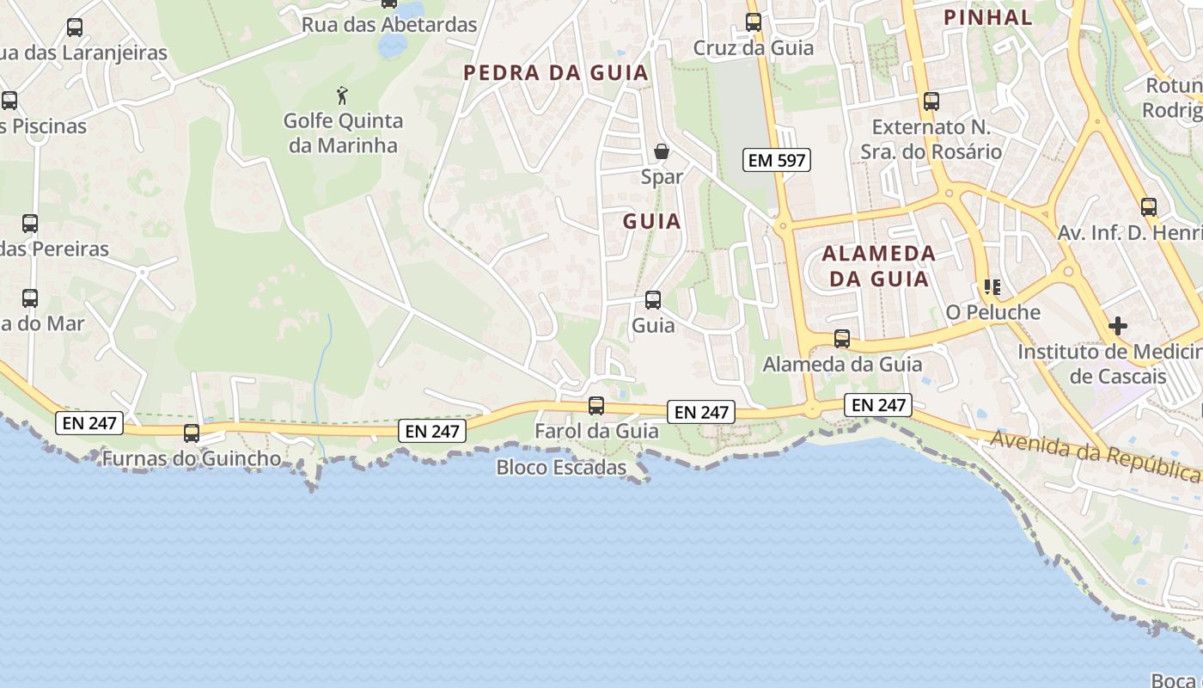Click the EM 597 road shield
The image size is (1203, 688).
pyautogui.click(x=777, y=160)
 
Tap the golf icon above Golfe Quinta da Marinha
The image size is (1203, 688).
pyautogui.click(x=343, y=94)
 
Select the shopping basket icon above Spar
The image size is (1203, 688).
pyautogui.click(x=662, y=151)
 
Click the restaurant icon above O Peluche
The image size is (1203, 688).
pyautogui.click(x=992, y=287)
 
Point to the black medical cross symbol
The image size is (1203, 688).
pyautogui.click(x=1117, y=326)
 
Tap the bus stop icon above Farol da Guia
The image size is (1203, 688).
pyautogui.click(x=595, y=406)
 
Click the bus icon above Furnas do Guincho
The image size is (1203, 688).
pyautogui.click(x=192, y=433)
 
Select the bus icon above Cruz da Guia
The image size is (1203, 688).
pyautogui.click(x=753, y=22)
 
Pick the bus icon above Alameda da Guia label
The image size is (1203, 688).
pyautogui.click(x=841, y=339)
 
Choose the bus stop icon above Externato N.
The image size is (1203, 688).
pyautogui.click(x=931, y=101)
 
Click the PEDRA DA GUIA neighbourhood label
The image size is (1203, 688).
pyautogui.click(x=556, y=73)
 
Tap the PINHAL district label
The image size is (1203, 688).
pyautogui.click(x=987, y=17)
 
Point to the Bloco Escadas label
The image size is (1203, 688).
pyautogui.click(x=562, y=468)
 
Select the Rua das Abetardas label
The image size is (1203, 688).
pyautogui.click(x=388, y=25)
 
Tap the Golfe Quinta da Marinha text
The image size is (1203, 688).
pyautogui.click(x=343, y=132)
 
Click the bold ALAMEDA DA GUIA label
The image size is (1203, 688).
pyautogui.click(x=878, y=266)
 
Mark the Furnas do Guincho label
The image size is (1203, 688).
pyautogui.click(x=191, y=458)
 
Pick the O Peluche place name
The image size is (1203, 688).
pyautogui.click(x=992, y=312)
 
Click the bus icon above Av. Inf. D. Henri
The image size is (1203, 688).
pyautogui.click(x=1148, y=207)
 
